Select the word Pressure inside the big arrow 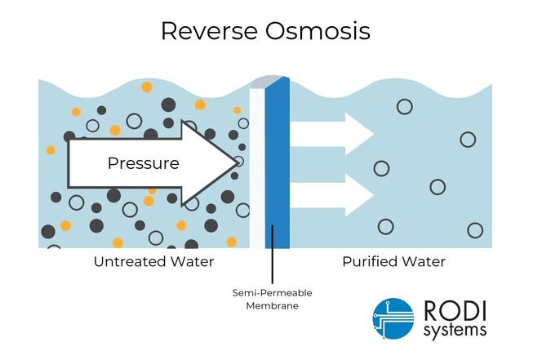pyautogui.click(x=143, y=163)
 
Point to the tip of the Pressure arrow pyautogui.click(x=238, y=162)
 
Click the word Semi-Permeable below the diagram pyautogui.click(x=273, y=292)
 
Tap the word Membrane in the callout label pyautogui.click(x=273, y=306)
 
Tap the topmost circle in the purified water pyautogui.click(x=403, y=106)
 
